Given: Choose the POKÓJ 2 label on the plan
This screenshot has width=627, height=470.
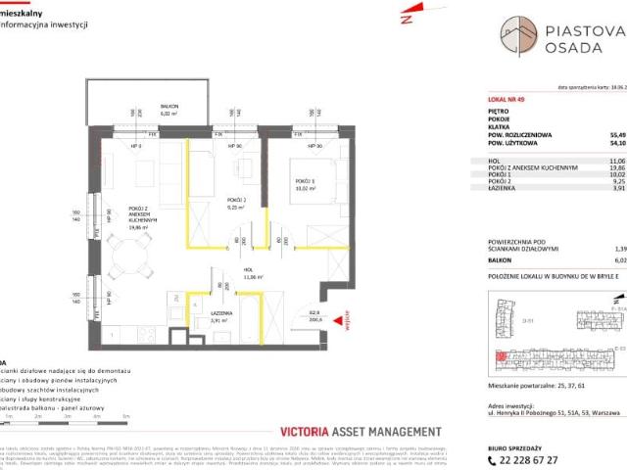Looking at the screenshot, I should coord(233,202).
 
